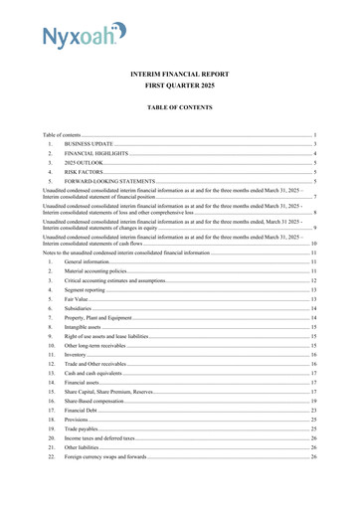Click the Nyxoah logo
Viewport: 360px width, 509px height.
coord(84,37)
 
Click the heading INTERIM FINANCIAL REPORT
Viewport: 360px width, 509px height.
coord(179,75)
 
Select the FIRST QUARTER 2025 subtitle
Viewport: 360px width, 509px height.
coord(179,87)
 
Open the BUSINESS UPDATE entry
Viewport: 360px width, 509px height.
coord(91,144)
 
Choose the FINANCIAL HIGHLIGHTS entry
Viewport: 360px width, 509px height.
coord(98,155)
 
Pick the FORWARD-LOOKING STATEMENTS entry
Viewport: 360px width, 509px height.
coord(112,183)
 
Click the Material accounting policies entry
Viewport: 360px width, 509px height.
coord(95,271)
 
